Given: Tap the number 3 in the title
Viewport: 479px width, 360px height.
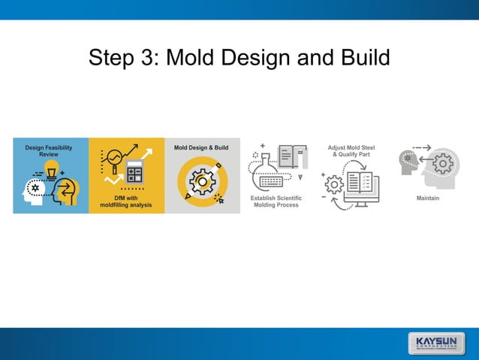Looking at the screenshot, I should pos(145,58).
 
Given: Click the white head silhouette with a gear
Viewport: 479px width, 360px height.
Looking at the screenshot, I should pos(34,190).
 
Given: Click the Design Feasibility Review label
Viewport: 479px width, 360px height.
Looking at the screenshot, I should pos(49,150).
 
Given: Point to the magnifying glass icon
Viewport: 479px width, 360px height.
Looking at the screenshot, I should pos(114,161).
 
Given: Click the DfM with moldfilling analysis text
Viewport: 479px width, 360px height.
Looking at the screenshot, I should pos(127,201).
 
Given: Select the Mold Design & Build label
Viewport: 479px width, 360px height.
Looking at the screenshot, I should pos(201,148).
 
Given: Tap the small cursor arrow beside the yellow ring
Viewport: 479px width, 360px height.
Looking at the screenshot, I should pos(218,198).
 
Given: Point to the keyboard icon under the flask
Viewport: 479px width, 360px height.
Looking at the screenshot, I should pos(270,181).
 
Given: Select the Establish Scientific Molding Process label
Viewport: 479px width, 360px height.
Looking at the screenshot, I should pos(276,201).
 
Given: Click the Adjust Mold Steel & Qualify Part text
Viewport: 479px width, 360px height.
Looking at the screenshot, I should pos(351,151).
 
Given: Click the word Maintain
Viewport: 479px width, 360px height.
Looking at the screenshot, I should pos(427,198).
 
